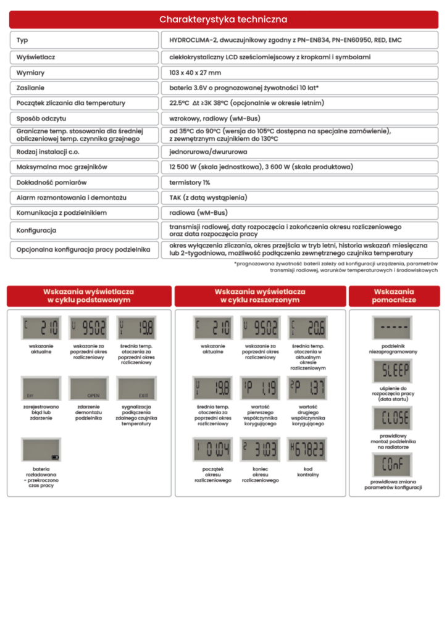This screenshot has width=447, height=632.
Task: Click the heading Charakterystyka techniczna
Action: pos(223,20)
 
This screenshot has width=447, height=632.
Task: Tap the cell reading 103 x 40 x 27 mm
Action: pos(195,73)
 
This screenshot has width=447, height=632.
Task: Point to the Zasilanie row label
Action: pos(30,88)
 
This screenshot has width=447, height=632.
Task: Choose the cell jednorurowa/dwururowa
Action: pos(208,151)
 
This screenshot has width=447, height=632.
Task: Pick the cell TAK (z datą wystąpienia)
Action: pos(208,197)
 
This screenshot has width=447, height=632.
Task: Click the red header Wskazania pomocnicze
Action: pos(394,296)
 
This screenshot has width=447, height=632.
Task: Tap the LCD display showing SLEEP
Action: pos(393,372)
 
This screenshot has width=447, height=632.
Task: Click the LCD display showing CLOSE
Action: pos(393,418)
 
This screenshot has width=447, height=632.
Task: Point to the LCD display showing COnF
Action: pos(393,465)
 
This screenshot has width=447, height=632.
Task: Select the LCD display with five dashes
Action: pos(393,328)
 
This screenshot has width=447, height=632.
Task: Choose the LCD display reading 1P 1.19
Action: pos(260,388)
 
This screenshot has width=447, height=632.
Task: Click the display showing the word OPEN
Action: pos(88,388)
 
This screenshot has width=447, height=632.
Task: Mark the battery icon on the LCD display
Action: pos(55,457)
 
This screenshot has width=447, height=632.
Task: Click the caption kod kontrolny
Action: pos(307,472)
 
